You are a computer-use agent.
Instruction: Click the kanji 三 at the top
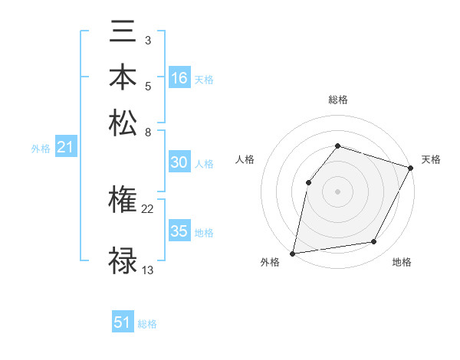pos(123,31)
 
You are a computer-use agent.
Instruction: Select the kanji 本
pos(123,77)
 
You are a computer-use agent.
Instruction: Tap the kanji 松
pos(123,123)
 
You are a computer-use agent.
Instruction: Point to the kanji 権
pos(123,201)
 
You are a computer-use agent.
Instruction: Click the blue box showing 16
pos(179,78)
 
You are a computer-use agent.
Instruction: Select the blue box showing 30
pos(179,162)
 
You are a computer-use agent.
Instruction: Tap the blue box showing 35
pos(179,231)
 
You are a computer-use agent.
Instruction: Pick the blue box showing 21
pos(64,148)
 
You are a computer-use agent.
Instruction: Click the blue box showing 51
pos(123,322)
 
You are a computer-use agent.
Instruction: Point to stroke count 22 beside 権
pos(148,208)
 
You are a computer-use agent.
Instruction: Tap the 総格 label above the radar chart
pos(337,100)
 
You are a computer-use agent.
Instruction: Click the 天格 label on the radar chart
pos(431,159)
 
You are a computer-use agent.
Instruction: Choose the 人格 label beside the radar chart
pos(245,159)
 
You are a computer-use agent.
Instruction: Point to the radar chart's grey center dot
pos(337,191)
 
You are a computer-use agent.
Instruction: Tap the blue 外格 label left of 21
pos(41,149)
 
